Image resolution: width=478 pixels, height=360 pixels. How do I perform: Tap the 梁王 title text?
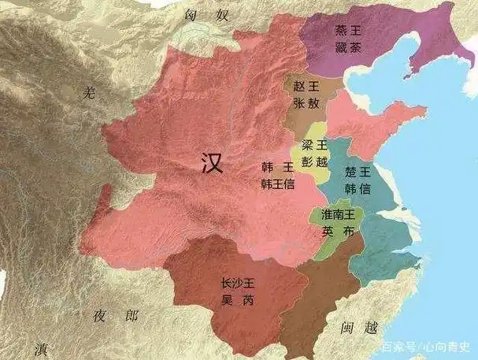(309, 141)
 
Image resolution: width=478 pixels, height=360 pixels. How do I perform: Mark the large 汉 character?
(210, 164)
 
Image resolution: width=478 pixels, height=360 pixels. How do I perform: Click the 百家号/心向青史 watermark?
(428, 347)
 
